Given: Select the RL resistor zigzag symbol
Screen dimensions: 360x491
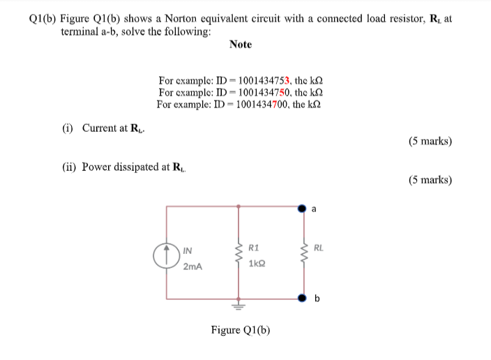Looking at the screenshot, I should [303, 254].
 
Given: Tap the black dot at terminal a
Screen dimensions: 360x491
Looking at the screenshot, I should [303, 207].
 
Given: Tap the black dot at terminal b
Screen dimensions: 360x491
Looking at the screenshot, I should [303, 298].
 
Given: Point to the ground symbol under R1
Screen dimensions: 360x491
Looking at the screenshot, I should [239, 306].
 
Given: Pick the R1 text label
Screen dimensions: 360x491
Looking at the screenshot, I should [254, 248].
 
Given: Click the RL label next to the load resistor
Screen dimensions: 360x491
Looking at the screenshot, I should [319, 248].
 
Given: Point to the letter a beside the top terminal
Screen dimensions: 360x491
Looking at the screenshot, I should [315, 207].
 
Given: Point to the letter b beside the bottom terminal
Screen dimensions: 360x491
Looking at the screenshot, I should [317, 299].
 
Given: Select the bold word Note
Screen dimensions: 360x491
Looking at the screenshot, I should [240, 45].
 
